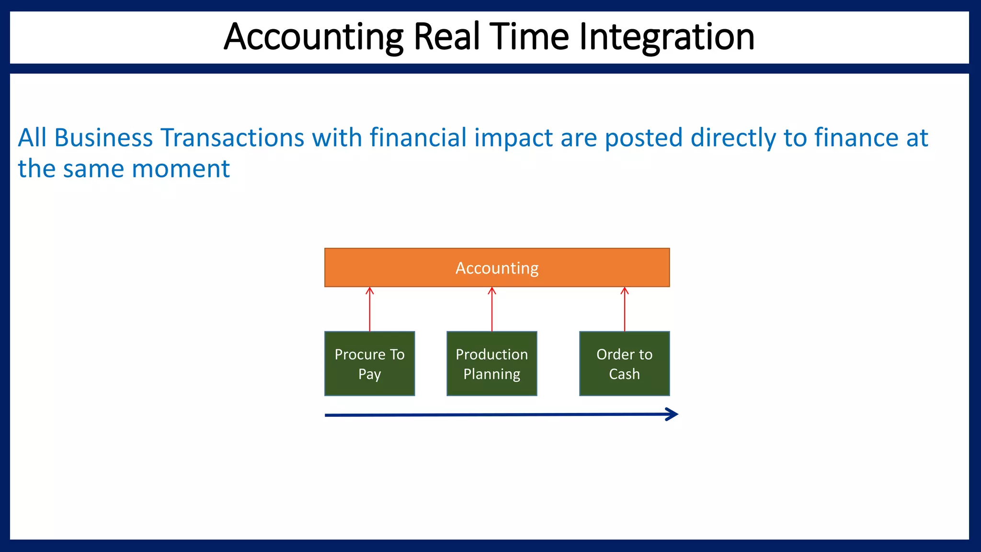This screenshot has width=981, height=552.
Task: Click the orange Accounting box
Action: click(x=497, y=267)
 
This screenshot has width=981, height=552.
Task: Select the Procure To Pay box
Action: click(x=369, y=364)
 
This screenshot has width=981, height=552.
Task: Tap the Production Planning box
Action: click(x=491, y=364)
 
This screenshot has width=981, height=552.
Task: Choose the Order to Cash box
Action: click(x=624, y=364)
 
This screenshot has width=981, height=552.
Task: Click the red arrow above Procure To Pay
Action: click(x=369, y=309)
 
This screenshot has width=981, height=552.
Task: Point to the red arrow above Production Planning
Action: click(x=491, y=309)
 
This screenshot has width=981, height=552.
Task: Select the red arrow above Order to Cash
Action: click(x=624, y=309)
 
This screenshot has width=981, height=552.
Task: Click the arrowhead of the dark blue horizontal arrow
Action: click(x=673, y=414)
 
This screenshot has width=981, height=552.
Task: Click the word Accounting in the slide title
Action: click(x=314, y=37)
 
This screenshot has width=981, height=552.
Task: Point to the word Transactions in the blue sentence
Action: click(x=232, y=138)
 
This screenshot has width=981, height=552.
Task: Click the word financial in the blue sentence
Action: click(x=418, y=138)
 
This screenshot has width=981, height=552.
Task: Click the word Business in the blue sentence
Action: click(x=103, y=138)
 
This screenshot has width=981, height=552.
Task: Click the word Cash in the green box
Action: click(x=624, y=374)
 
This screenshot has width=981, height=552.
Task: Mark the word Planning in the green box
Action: click(x=491, y=374)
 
